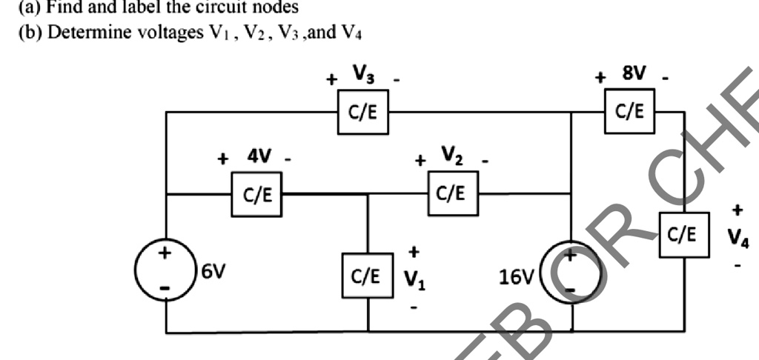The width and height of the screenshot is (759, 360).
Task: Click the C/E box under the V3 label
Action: [x=362, y=112]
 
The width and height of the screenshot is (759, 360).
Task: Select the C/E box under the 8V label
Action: [x=629, y=111]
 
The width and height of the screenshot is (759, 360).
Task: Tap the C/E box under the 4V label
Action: [x=256, y=195]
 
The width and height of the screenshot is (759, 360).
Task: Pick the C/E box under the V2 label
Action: [x=451, y=194]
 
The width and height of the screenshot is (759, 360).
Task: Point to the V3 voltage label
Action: [x=363, y=73]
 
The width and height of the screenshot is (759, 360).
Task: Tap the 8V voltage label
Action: [x=634, y=73]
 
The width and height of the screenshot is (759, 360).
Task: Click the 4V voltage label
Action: [x=259, y=157]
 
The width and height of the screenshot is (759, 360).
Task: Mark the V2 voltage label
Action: [x=453, y=156]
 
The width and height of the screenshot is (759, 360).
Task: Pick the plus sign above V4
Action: [x=738, y=210]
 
